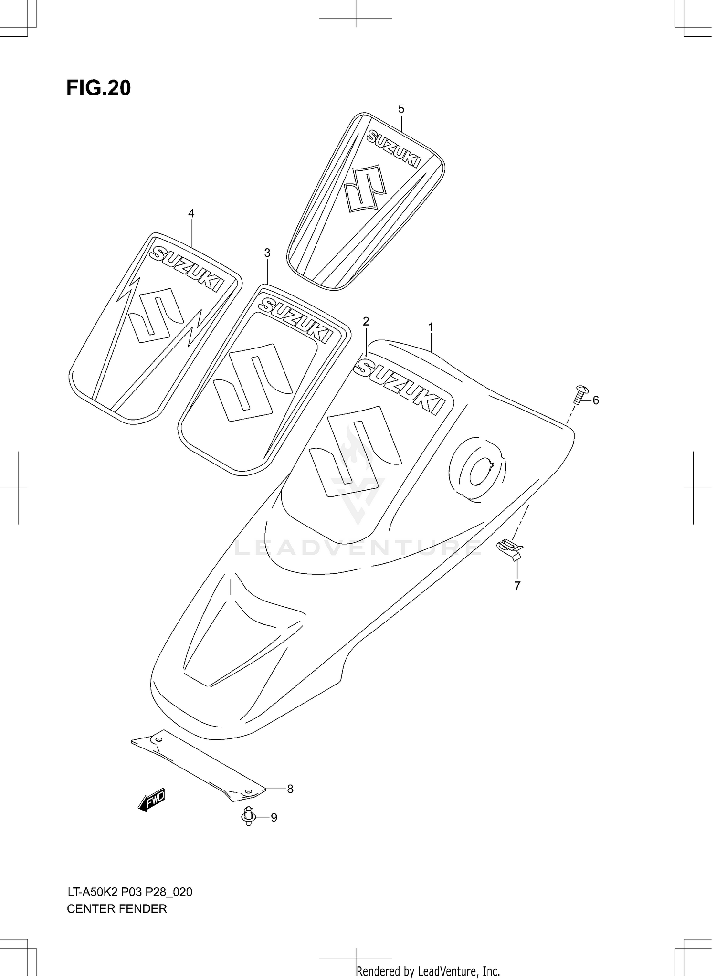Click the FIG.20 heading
98,88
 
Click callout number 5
401,109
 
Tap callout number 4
191,213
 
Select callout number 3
267,253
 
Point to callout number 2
366,321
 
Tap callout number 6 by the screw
595,400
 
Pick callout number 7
517,585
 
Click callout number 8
290,789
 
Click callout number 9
274,818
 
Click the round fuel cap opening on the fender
478,469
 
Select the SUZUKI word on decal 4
187,269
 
